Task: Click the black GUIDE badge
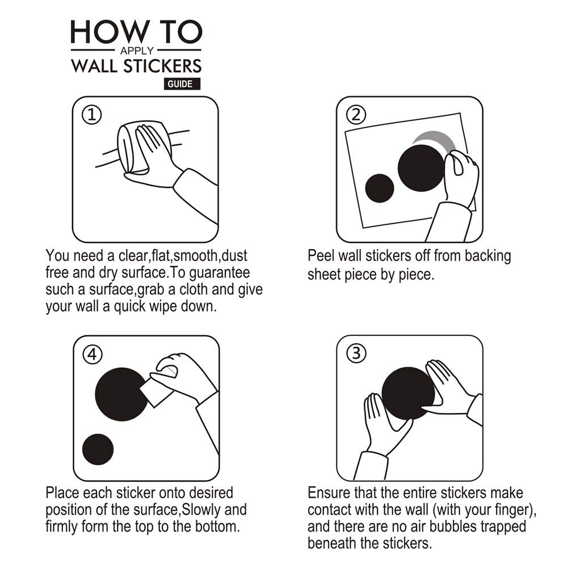pos(182,83)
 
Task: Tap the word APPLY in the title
pos(137,51)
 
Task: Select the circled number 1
pos(92,115)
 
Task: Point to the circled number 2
pos(356,115)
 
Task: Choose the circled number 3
pos(356,353)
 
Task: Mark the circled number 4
pos(92,354)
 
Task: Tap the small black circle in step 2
pos(379,188)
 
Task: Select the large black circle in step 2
pos(421,168)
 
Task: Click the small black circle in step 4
pos(98,449)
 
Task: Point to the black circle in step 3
pos(408,394)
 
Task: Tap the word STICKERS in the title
pos(162,66)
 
